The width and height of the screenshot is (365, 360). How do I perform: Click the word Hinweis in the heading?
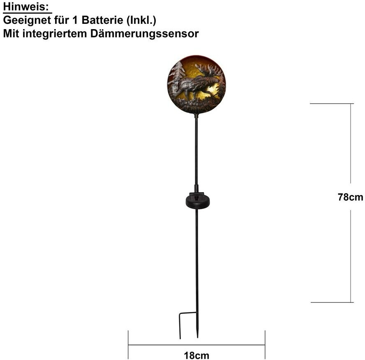25,6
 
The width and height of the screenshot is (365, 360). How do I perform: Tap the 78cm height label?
350,197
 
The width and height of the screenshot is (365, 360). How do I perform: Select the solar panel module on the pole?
196,201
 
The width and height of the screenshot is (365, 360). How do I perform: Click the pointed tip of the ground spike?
198,336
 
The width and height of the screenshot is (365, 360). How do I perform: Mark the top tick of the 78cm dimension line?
331,104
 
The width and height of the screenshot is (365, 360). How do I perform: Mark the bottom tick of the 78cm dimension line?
331,303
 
